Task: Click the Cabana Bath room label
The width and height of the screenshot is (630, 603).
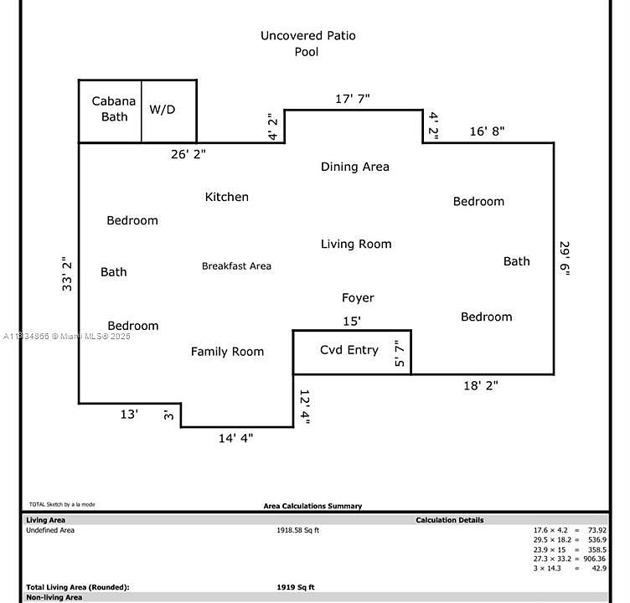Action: pyautogui.click(x=114, y=109)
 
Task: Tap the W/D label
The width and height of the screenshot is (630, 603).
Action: pyautogui.click(x=163, y=110)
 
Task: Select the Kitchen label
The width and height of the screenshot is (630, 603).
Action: pyautogui.click(x=227, y=197)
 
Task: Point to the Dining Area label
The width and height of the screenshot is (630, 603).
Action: pyautogui.click(x=355, y=167)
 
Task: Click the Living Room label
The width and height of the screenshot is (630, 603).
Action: pyautogui.click(x=356, y=244)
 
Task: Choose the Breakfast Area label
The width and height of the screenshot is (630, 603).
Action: pyautogui.click(x=236, y=266)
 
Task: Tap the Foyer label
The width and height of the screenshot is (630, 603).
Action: pyautogui.click(x=358, y=298)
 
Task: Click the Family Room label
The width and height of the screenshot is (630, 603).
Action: pyautogui.click(x=227, y=352)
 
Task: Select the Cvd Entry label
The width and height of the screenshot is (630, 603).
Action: pyautogui.click(x=349, y=350)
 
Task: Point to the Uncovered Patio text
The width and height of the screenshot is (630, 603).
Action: pyautogui.click(x=307, y=35)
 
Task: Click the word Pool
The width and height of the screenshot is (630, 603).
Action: pyautogui.click(x=307, y=52)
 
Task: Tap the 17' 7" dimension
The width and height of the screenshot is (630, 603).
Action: pyautogui.click(x=353, y=99)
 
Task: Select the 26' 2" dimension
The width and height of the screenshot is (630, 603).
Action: pyautogui.click(x=188, y=154)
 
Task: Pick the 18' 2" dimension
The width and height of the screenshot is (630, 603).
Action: pyautogui.click(x=481, y=386)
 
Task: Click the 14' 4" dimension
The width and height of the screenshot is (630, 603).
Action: pyautogui.click(x=235, y=437)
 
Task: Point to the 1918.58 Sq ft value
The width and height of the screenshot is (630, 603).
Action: pyautogui.click(x=297, y=530)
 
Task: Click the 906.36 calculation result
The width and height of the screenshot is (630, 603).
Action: pyautogui.click(x=591, y=559)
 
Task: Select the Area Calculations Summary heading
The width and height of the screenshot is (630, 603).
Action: pyautogui.click(x=312, y=506)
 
